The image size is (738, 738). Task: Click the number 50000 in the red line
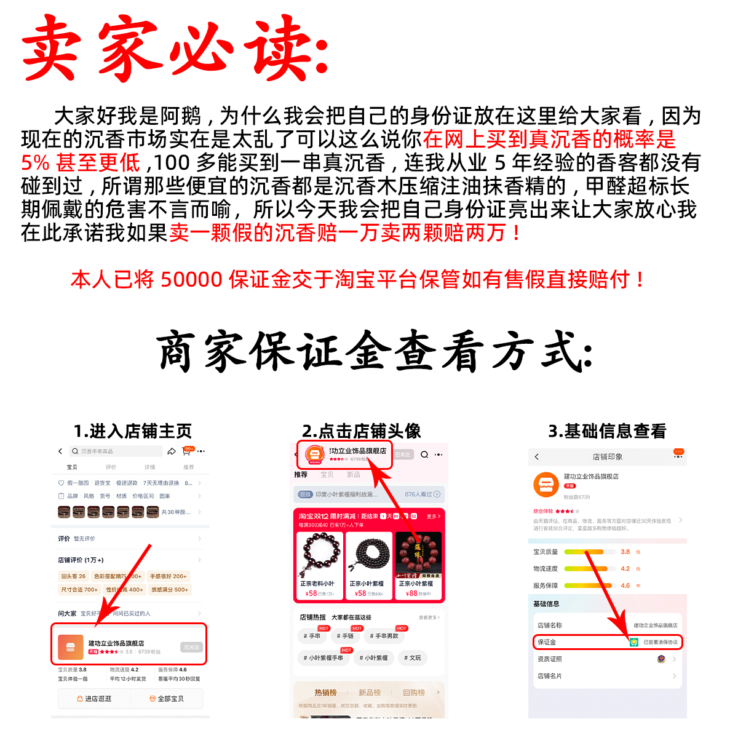point(191,280)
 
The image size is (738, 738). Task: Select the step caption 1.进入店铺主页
point(132,431)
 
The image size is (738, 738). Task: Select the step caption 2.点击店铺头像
point(361,431)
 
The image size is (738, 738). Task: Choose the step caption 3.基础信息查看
point(607,431)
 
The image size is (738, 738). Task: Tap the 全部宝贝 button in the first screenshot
point(167,699)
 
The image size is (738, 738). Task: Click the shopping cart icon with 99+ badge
point(186,451)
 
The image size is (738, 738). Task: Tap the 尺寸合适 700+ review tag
point(79,590)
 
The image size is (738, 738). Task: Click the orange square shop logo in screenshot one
point(70,647)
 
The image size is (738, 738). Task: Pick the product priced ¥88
point(418,566)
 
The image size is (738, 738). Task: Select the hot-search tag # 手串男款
point(384,636)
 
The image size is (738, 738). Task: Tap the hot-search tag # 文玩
point(413,658)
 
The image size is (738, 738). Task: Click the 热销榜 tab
point(325,692)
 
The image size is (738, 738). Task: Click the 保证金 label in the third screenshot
point(547,642)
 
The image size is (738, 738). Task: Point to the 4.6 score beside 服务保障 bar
point(625,585)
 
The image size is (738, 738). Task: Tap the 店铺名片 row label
point(550,676)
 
